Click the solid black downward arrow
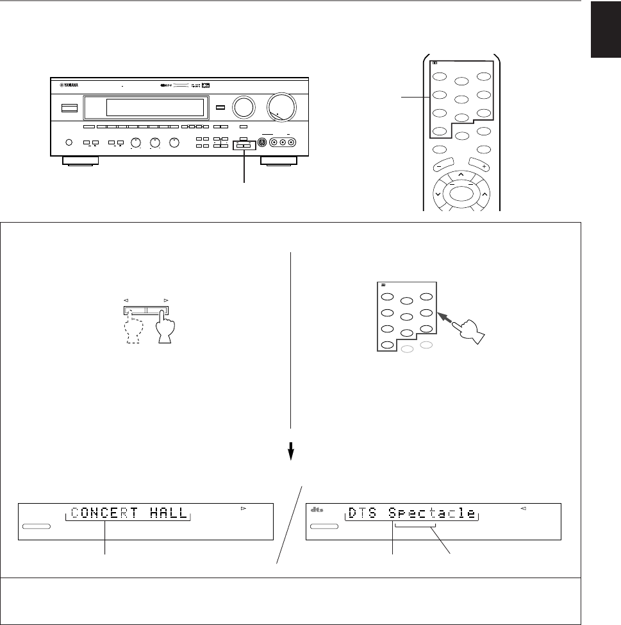coord(290,452)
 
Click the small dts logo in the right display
coord(315,510)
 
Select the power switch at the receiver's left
coord(65,108)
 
